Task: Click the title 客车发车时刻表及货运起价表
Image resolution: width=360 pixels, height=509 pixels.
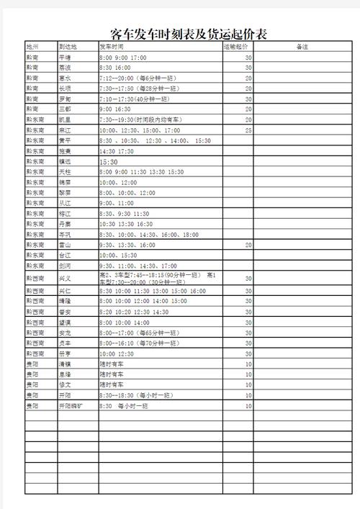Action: [x=192, y=34]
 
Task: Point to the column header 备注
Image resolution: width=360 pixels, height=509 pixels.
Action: [x=302, y=46]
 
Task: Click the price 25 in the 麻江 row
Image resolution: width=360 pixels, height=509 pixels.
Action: [x=248, y=130]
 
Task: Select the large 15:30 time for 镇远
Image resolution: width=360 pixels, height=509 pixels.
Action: [x=109, y=162]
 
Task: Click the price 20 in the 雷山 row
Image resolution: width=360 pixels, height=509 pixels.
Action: [x=248, y=245]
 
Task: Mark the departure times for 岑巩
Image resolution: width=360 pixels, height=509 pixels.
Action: [x=149, y=235]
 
